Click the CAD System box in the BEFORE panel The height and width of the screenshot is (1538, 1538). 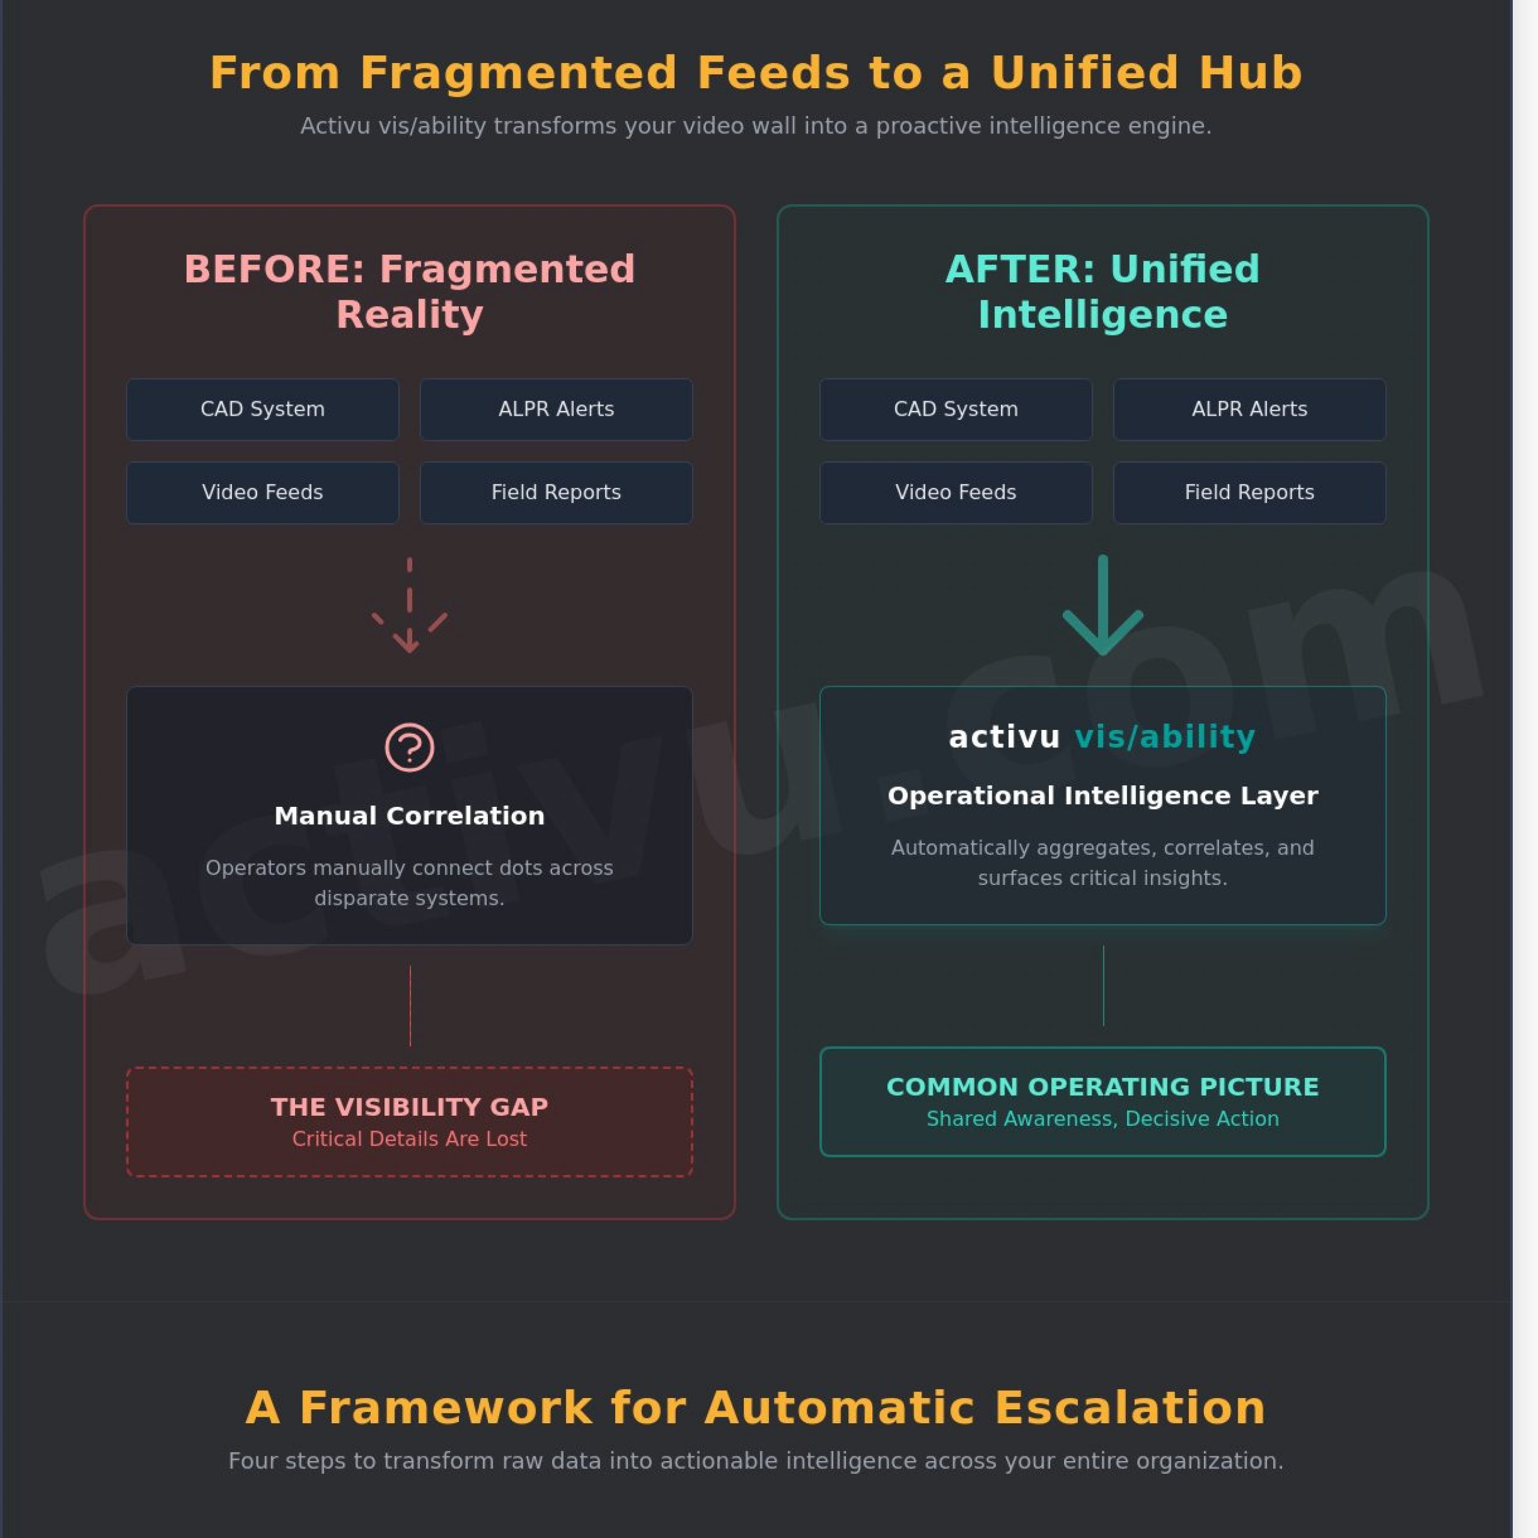pyautogui.click(x=262, y=409)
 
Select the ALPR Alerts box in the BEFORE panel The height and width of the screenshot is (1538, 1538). pyautogui.click(x=556, y=409)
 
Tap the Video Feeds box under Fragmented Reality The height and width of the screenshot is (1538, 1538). pyautogui.click(x=262, y=492)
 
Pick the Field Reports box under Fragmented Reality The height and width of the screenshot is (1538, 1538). pyautogui.click(x=556, y=492)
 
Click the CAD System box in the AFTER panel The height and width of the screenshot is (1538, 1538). pyautogui.click(x=955, y=409)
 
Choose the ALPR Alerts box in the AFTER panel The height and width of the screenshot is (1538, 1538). pyautogui.click(x=1249, y=409)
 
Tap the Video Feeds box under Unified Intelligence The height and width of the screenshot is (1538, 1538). pyautogui.click(x=955, y=492)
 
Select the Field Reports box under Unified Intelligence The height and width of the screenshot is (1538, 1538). pyautogui.click(x=1249, y=492)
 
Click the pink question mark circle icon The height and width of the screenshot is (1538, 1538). pyautogui.click(x=409, y=747)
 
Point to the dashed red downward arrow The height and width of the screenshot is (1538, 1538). pyautogui.click(x=409, y=607)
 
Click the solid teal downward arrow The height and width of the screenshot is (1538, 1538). pyautogui.click(x=1102, y=607)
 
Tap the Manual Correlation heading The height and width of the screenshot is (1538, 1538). pyautogui.click(x=409, y=816)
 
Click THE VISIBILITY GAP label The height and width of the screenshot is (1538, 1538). pyautogui.click(x=409, y=1107)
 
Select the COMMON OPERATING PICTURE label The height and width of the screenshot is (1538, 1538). pyautogui.click(x=1102, y=1087)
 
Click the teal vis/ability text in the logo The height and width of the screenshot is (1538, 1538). pyautogui.click(x=1165, y=737)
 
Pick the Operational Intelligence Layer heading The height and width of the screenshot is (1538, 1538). pyautogui.click(x=1102, y=796)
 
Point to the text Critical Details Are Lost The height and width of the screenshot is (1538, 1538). pyautogui.click(x=409, y=1139)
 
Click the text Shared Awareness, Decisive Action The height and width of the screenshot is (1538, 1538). pyautogui.click(x=1102, y=1119)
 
